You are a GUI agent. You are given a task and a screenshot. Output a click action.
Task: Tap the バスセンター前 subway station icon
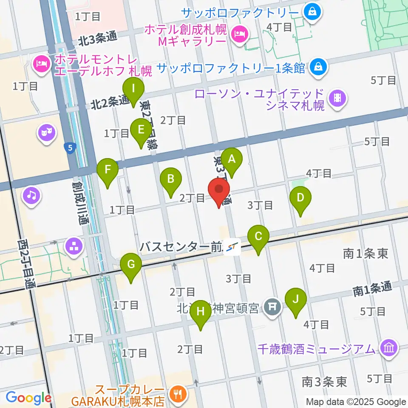point(232,246)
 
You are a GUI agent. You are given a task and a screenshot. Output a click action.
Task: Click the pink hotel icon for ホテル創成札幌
point(240,34)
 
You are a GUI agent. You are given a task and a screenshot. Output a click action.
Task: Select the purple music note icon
point(32,195)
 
